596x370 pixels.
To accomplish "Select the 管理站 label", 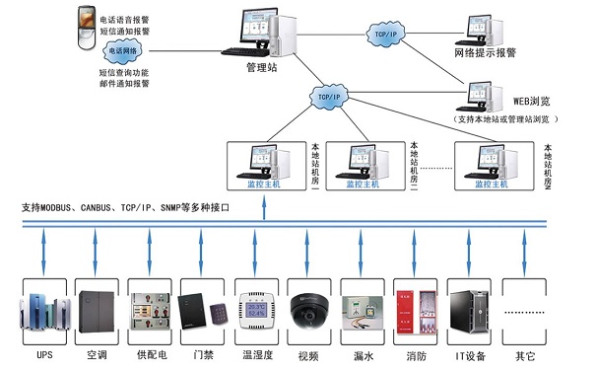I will pyautogui.click(x=263, y=68).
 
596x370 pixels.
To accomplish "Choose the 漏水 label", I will pyautogui.click(x=362, y=352).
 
